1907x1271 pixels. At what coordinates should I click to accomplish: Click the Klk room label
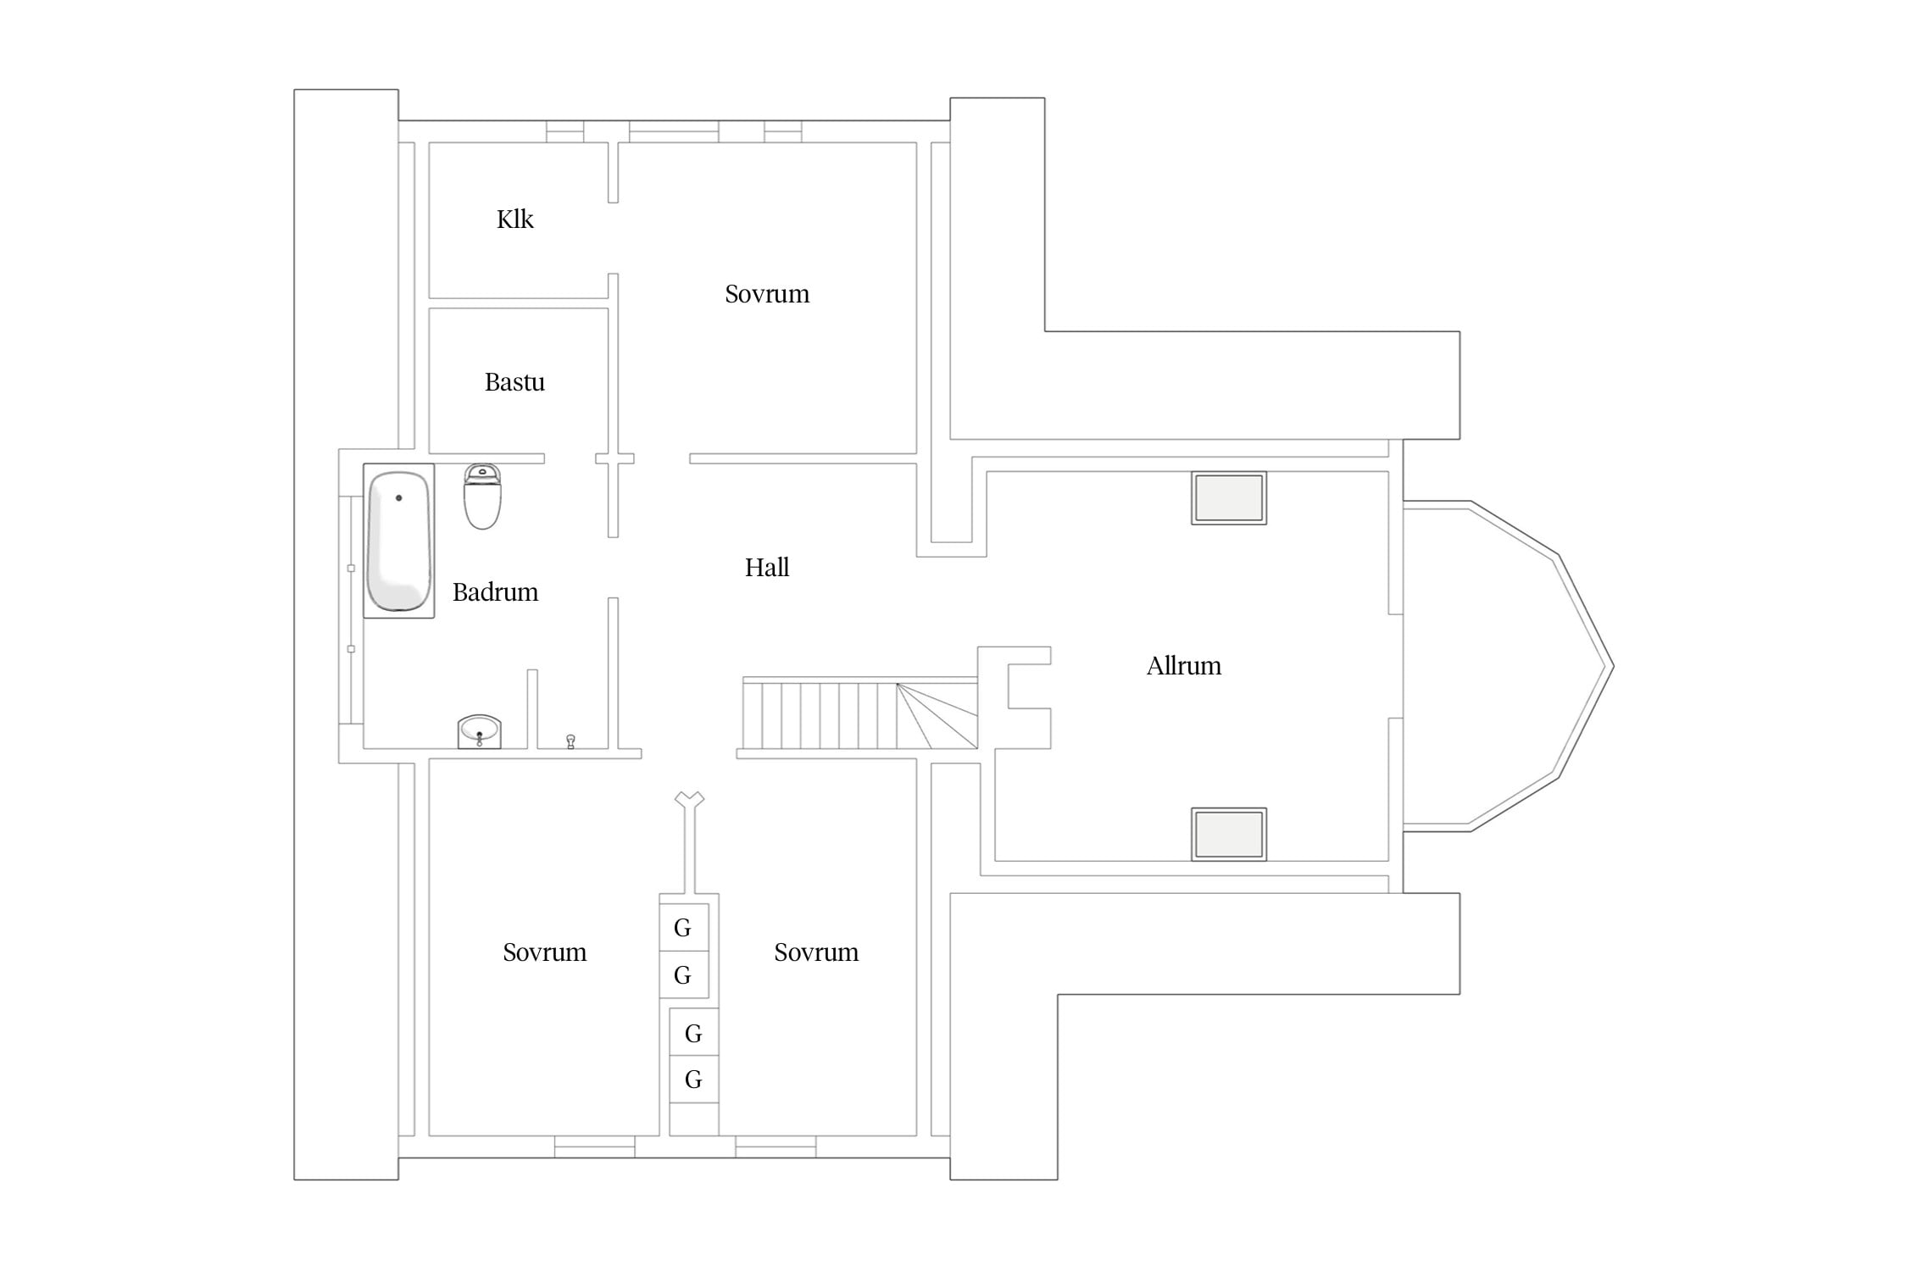pos(514,219)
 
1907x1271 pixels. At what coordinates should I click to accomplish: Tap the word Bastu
pos(514,382)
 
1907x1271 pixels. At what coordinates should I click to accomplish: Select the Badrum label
pos(495,592)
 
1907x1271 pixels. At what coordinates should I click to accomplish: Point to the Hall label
pos(767,568)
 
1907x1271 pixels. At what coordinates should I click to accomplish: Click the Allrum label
pos(1184,666)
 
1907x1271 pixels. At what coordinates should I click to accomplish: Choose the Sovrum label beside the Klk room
pos(767,294)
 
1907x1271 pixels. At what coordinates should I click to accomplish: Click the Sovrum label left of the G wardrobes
pos(544,952)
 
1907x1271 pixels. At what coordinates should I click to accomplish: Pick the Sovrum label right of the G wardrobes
pos(816,952)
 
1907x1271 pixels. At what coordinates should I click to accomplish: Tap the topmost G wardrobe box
pos(684,927)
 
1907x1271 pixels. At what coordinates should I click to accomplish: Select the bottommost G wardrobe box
pos(694,1079)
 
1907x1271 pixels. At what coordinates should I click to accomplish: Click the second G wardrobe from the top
pos(684,974)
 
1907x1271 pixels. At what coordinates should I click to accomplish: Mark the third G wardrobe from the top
pos(694,1032)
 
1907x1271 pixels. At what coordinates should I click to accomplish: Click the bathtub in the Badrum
pos(399,541)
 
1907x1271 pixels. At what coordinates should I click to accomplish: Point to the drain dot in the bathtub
pos(398,498)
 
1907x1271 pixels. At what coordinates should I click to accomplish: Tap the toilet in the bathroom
pos(482,497)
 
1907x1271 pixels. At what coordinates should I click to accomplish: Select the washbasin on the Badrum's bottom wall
pos(480,732)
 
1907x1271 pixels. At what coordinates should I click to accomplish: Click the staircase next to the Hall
pos(860,713)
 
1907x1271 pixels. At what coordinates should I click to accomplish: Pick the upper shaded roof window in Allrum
pos(1229,498)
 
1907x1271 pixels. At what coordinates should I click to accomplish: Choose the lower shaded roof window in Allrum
pos(1229,835)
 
